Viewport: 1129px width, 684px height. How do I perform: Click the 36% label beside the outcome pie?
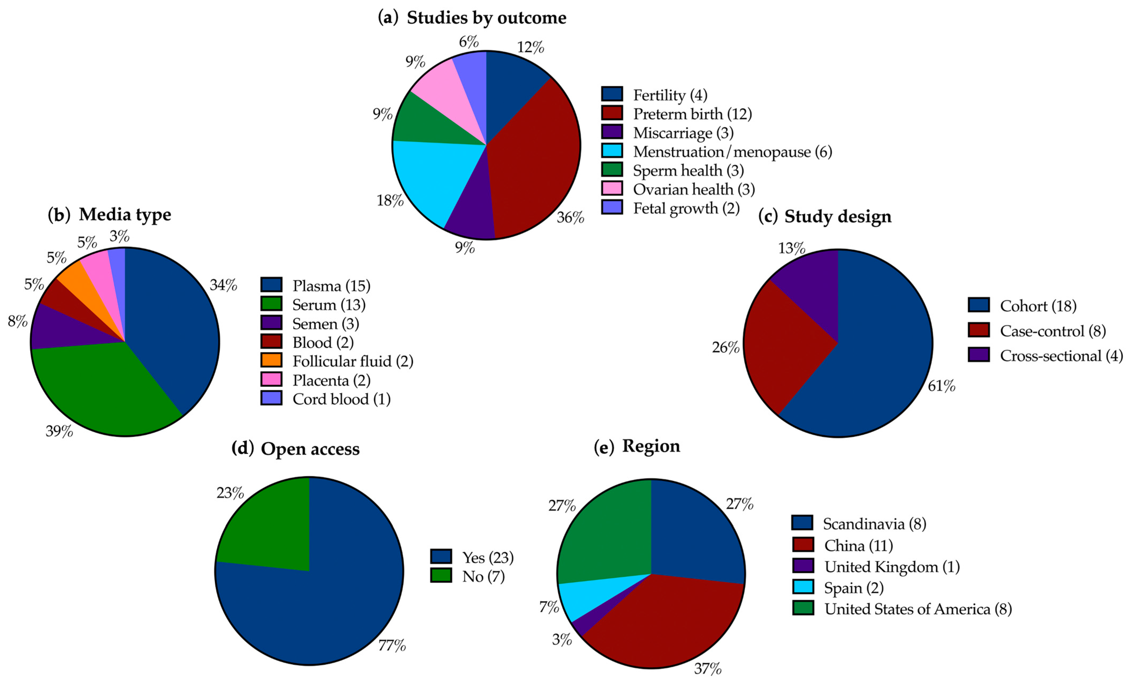pos(570,217)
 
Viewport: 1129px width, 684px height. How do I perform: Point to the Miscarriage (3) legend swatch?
pos(612,132)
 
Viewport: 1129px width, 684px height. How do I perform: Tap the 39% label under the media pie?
pos(59,431)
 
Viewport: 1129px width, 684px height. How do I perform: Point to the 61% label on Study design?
pos(942,386)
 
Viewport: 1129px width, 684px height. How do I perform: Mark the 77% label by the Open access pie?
pos(392,645)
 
